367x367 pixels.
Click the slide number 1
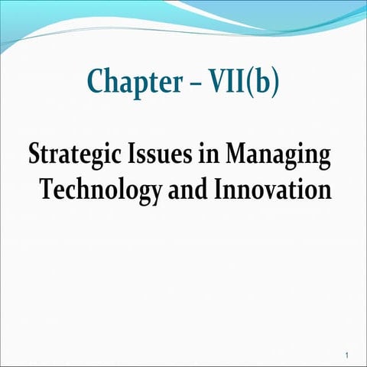point(346,356)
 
